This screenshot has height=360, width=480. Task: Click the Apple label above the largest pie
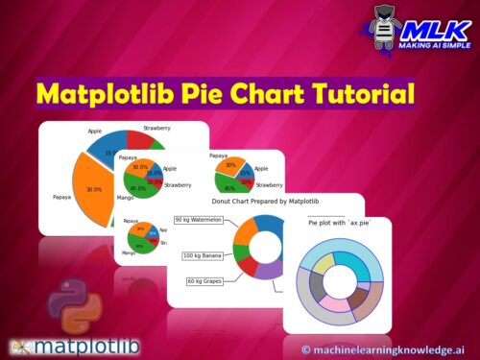click(95, 131)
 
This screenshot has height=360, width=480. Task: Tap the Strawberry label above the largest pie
click(157, 128)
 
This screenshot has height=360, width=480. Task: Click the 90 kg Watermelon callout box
click(198, 220)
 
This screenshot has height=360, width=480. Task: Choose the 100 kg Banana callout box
click(203, 255)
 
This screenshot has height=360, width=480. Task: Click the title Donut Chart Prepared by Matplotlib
click(265, 201)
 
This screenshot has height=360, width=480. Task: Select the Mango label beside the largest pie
click(124, 198)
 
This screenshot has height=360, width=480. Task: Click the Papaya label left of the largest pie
click(61, 198)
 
